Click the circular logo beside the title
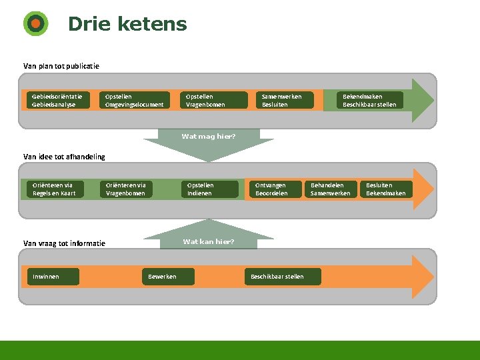click(35, 24)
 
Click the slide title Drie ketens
click(127, 25)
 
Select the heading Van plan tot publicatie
click(61, 66)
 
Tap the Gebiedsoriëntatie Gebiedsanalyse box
click(56, 100)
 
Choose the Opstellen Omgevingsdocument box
click(134, 100)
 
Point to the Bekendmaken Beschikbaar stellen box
click(369, 100)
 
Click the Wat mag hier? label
click(209, 136)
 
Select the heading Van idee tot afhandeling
click(64, 157)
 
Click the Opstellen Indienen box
click(211, 189)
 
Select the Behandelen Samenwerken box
click(331, 189)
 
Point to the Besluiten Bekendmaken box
click(386, 189)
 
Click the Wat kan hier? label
click(209, 241)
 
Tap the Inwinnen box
click(53, 277)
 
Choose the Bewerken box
click(169, 277)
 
